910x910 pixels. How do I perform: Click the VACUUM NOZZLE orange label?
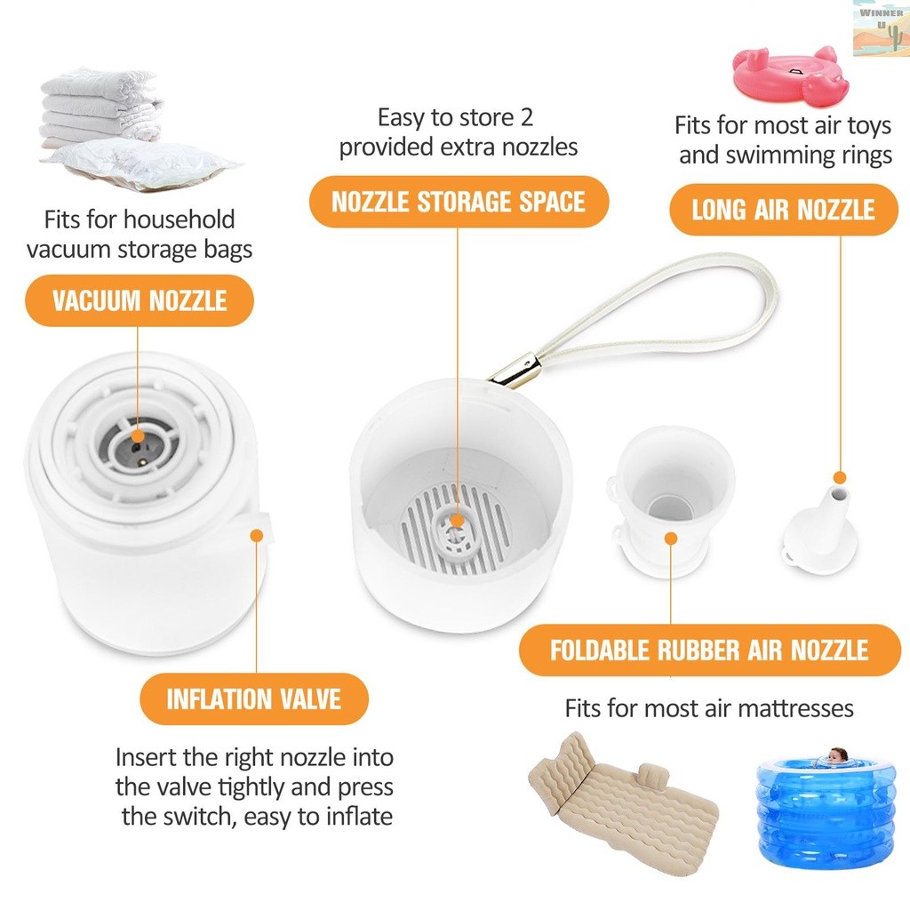140,300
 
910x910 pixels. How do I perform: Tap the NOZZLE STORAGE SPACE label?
459,202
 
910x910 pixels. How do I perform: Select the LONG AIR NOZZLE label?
783,210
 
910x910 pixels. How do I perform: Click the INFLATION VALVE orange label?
253,698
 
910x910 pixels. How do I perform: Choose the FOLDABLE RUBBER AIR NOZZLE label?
708,650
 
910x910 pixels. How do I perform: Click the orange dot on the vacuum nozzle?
139,435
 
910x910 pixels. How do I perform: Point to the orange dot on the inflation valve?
257,536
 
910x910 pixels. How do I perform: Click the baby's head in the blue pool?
836,756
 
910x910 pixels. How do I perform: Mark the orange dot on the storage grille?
457,521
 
